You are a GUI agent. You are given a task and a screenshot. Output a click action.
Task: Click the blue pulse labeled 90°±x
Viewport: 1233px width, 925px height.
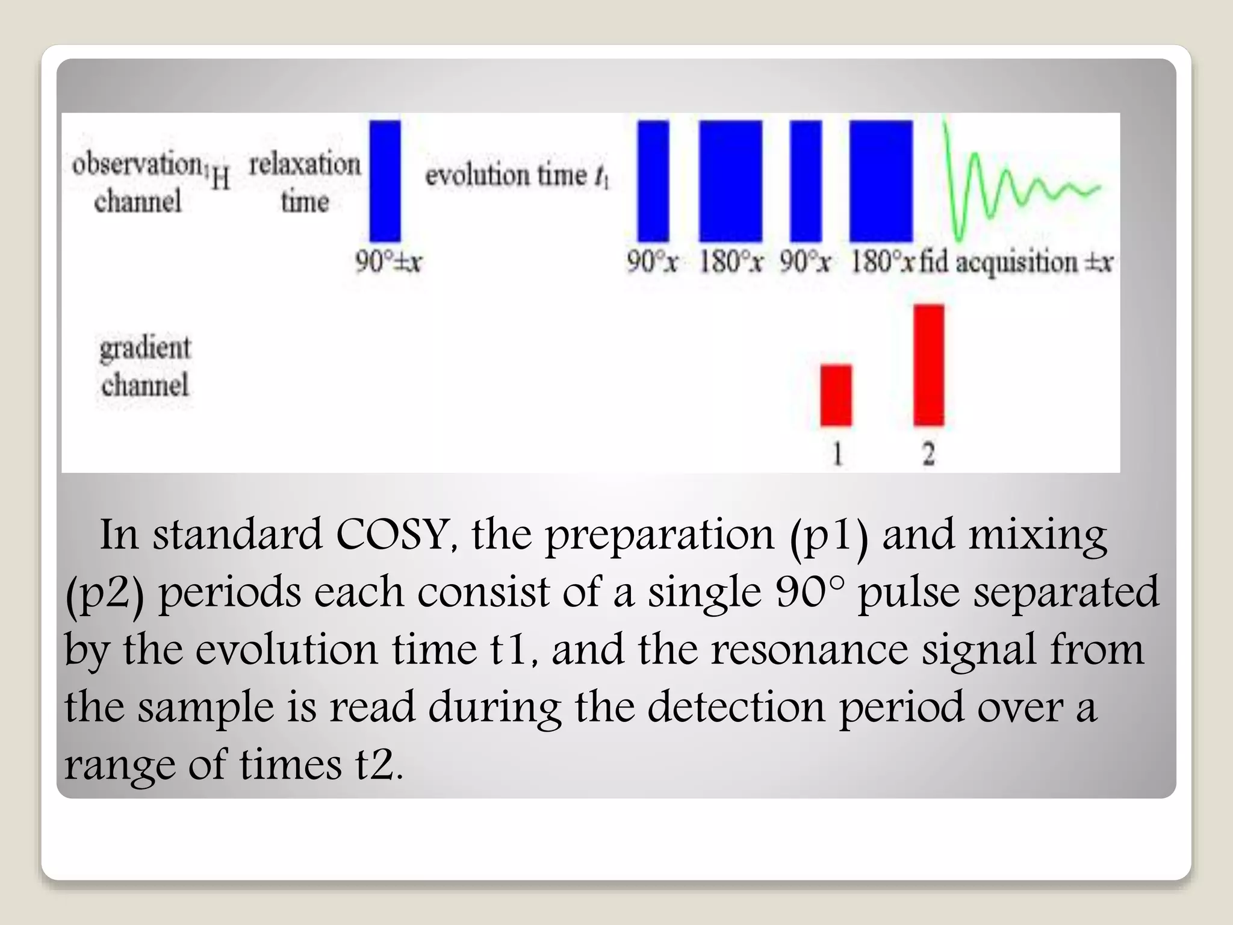pyautogui.click(x=385, y=181)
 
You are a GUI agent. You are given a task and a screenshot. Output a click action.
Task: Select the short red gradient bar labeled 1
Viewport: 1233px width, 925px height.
pyautogui.click(x=836, y=395)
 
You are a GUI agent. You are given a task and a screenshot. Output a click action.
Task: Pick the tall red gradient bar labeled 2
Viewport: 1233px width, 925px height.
pyautogui.click(x=928, y=365)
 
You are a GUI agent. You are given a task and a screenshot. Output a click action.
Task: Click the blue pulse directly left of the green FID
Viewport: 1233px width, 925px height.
pyautogui.click(x=881, y=181)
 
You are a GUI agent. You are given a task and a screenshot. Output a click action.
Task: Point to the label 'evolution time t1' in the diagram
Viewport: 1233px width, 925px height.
pyautogui.click(x=517, y=176)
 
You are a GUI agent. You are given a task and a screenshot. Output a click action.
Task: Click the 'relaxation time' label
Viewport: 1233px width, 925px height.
pyautogui.click(x=305, y=182)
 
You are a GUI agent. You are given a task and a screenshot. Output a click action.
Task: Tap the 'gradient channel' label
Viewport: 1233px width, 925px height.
pyautogui.click(x=145, y=367)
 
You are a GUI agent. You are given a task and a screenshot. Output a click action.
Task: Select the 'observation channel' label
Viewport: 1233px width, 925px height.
pyautogui.click(x=138, y=182)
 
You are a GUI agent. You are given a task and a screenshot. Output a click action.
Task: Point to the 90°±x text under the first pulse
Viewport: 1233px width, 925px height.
pyautogui.click(x=388, y=262)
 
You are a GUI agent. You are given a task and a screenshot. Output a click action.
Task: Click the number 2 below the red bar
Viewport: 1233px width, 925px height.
pyautogui.click(x=929, y=453)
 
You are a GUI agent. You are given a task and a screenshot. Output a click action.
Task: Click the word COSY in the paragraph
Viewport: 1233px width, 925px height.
pyautogui.click(x=391, y=535)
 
